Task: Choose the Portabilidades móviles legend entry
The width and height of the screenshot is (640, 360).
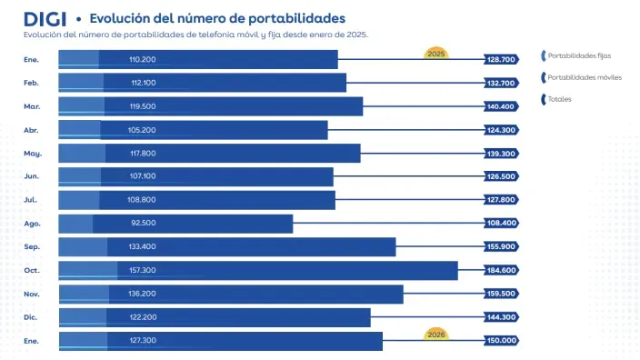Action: [584, 77]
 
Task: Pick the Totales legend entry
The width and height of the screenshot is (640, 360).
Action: [559, 98]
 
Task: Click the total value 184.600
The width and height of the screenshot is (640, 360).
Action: [501, 270]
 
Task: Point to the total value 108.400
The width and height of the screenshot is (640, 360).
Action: [501, 223]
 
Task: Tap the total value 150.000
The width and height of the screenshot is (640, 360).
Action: [501, 340]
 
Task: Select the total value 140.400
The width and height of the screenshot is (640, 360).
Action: [501, 106]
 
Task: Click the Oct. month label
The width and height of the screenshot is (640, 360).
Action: [32, 270]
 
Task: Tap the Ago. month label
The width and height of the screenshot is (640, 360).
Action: [32, 223]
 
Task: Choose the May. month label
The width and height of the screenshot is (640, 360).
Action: [33, 153]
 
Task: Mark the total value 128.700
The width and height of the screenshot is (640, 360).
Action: [501, 59]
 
